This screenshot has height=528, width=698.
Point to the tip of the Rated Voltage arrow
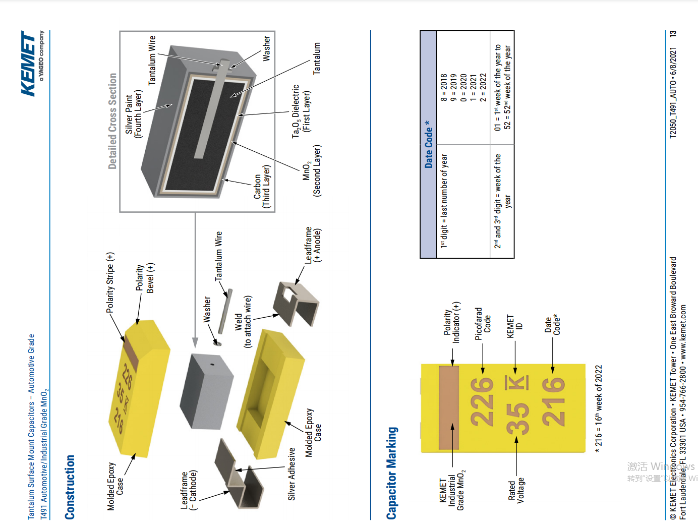click(x=516, y=437)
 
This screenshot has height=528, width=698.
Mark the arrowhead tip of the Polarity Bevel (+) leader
click(x=137, y=325)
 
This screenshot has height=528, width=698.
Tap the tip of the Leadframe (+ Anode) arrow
click(x=296, y=284)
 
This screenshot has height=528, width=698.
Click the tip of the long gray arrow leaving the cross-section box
click(x=195, y=348)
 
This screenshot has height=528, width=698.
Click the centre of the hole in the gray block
click(x=212, y=364)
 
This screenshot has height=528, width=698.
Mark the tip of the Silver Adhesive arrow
click(x=236, y=470)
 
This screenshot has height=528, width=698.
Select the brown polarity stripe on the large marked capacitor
click(x=449, y=407)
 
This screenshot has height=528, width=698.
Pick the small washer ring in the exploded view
click(x=217, y=343)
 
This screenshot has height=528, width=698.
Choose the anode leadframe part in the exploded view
click(x=296, y=304)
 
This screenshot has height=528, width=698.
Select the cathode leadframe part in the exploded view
click(x=239, y=474)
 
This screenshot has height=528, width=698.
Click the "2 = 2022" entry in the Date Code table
click(x=483, y=87)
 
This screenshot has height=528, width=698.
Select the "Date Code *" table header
click(x=428, y=144)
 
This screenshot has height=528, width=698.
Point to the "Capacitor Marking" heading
click(x=392, y=473)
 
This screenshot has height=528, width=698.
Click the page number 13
click(x=673, y=34)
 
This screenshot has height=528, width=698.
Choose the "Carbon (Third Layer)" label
click(x=261, y=187)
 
